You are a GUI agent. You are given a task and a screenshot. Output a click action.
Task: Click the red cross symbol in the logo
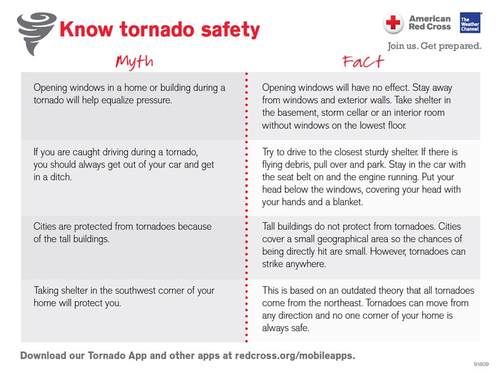tap(393, 23)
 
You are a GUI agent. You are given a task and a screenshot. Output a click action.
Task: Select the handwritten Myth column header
tap(134, 61)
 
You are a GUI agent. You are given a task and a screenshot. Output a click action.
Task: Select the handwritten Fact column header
tap(363, 61)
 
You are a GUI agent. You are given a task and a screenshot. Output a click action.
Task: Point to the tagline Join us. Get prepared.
tap(434, 46)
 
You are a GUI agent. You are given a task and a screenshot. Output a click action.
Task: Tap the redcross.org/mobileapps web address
tap(294, 355)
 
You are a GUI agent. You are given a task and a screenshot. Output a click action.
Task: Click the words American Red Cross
tap(429, 23)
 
